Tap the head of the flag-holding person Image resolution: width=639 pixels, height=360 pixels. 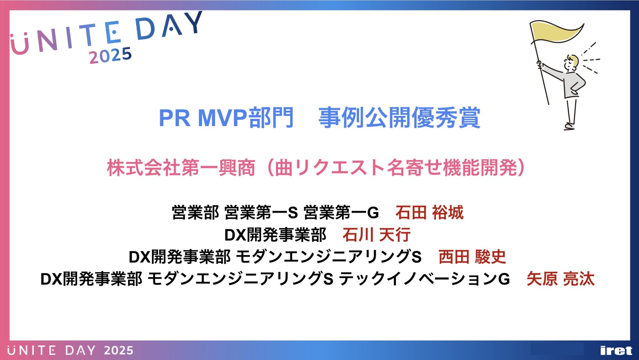pos(572,63)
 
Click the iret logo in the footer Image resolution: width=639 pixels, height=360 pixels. pos(616,351)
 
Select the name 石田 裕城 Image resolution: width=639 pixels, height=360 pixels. pos(429,213)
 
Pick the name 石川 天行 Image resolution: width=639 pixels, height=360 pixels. pos(376,235)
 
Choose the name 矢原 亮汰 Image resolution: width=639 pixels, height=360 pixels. pos(560,279)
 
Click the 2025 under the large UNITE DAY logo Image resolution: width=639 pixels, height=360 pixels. pos(110,56)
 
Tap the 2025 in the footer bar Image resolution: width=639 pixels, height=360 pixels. pos(119,351)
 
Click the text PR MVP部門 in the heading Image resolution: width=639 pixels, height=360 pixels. pos(226,118)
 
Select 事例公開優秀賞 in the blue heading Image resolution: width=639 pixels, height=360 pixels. pos(399,118)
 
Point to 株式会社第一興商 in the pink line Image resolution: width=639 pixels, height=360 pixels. pos(181,168)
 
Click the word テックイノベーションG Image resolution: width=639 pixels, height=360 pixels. pos(424,279)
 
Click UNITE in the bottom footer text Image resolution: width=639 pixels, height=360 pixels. pos(32,351)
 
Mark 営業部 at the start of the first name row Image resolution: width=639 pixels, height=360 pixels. pos(196,213)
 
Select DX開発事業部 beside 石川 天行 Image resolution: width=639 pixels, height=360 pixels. pos(275,235)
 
